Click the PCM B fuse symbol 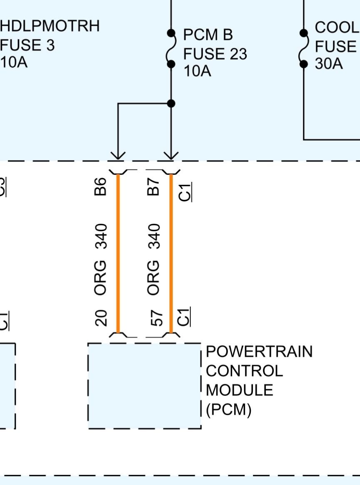(170, 48)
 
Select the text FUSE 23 (215, 54)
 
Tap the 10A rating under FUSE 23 (197, 71)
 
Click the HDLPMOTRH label (50, 26)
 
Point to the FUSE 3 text (27, 45)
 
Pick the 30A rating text (329, 64)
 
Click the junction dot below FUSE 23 (171, 103)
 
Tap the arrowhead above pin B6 (118, 155)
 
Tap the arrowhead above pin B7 (171, 155)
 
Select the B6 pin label (101, 186)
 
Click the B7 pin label (154, 186)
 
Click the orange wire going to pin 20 (118, 254)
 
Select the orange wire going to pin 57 (171, 254)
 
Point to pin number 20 (101, 318)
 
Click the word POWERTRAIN (259, 352)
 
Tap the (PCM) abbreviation (229, 410)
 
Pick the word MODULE (240, 390)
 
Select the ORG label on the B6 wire (101, 277)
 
